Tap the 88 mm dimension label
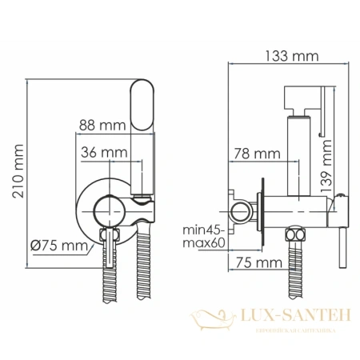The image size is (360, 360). click(x=102, y=125)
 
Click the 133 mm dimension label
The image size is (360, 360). click(x=286, y=56)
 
